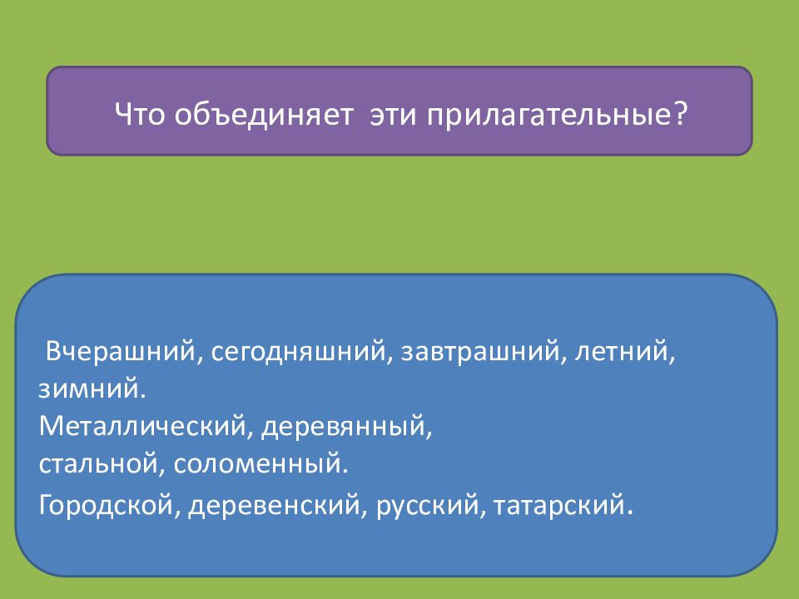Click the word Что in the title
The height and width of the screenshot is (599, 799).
pyautogui.click(x=140, y=114)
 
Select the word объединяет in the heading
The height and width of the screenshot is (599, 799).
pyautogui.click(x=264, y=114)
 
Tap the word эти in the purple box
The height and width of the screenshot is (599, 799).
pyautogui.click(x=394, y=115)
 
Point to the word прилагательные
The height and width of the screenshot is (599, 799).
pyautogui.click(x=549, y=116)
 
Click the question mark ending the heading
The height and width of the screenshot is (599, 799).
pyautogui.click(x=680, y=113)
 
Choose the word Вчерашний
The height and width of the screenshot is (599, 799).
pyautogui.click(x=120, y=351)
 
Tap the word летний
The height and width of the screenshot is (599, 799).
pyautogui.click(x=621, y=351)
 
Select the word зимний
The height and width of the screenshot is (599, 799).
pyautogui.click(x=88, y=389)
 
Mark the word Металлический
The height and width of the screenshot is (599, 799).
pyautogui.click(x=142, y=425)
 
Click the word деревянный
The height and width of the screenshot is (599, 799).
pyautogui.click(x=343, y=427)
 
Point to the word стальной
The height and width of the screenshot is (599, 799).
pyautogui.click(x=98, y=463)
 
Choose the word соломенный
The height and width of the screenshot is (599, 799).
pyautogui.click(x=257, y=463)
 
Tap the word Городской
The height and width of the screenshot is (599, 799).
pyautogui.click(x=107, y=504)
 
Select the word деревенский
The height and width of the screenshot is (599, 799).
pyautogui.click(x=274, y=504)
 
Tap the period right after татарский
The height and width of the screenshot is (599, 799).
pyautogui.click(x=629, y=512)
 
